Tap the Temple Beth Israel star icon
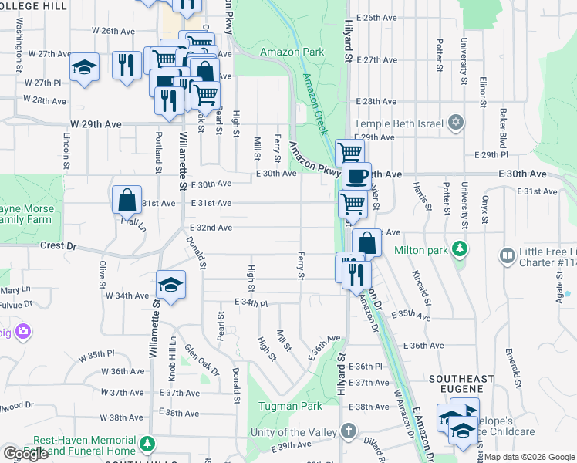click(456, 123)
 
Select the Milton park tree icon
click(460, 249)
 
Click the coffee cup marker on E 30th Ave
click(356, 177)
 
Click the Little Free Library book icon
click(508, 255)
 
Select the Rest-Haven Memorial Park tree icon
click(145, 444)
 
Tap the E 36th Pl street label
click(366, 366)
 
